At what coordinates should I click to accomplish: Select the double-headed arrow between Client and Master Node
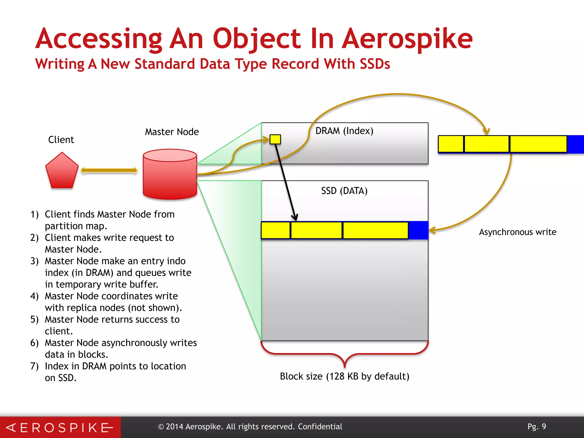(x=109, y=171)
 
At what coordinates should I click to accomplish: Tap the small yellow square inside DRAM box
(x=275, y=139)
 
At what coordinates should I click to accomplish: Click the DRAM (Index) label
(x=344, y=131)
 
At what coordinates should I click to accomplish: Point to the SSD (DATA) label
(x=344, y=191)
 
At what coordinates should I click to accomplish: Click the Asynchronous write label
(x=517, y=232)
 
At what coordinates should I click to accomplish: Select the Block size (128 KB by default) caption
(x=344, y=376)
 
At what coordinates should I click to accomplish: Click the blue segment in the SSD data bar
(x=418, y=230)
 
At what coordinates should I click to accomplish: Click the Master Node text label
(x=172, y=132)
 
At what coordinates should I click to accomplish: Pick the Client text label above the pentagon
(x=61, y=140)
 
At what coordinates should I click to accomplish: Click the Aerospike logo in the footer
(x=60, y=427)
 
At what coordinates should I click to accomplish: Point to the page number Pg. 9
(x=537, y=427)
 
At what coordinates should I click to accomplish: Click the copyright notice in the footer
(x=250, y=427)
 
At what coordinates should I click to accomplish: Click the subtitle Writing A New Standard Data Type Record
(x=212, y=64)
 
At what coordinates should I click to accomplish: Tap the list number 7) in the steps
(x=35, y=366)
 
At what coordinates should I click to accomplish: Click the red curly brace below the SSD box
(x=344, y=355)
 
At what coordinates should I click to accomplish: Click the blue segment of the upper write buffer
(x=575, y=144)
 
